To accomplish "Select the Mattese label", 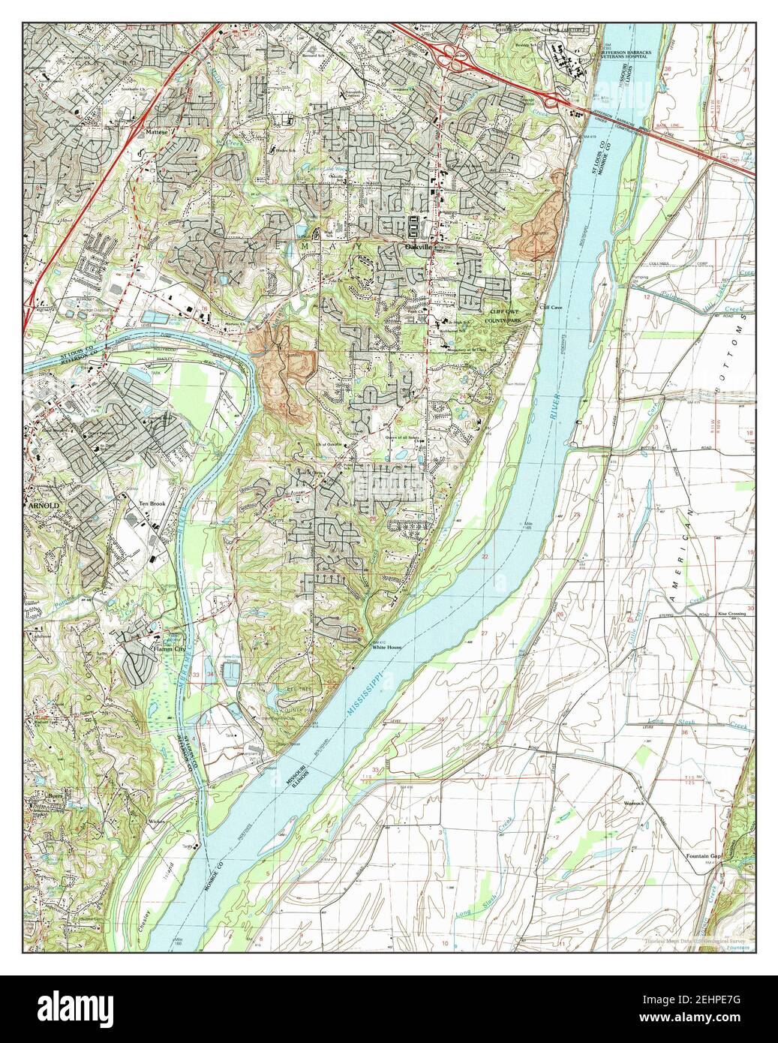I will pos(157,130).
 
